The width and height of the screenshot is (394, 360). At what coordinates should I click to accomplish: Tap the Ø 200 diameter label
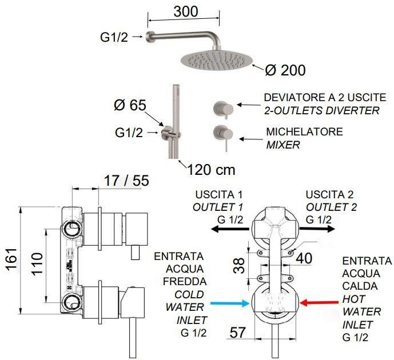[285, 70]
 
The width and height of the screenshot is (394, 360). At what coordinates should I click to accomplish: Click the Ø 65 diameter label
[130, 106]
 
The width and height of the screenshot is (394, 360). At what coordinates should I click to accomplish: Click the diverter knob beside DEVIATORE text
[221, 106]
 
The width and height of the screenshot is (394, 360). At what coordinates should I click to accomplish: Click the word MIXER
[283, 145]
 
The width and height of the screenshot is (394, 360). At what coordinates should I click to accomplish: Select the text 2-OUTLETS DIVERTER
[321, 110]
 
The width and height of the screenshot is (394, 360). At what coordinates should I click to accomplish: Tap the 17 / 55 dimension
[126, 181]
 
